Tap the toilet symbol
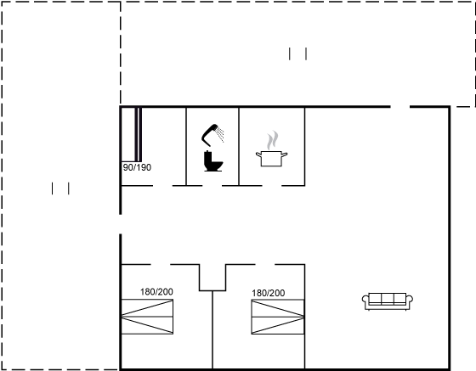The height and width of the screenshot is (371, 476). (x=213, y=161)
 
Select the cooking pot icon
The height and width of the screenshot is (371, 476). (x=271, y=159)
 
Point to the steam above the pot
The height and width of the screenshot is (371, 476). (x=273, y=140)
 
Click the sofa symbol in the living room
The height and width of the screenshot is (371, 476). (x=388, y=301)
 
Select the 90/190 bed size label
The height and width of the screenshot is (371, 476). (x=137, y=167)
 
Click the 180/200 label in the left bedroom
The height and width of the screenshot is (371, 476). (x=156, y=292)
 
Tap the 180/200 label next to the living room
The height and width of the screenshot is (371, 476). (x=269, y=293)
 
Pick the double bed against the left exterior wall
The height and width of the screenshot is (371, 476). (x=147, y=317)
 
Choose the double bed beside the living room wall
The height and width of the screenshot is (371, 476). (x=278, y=317)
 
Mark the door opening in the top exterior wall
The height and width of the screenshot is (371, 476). (x=400, y=107)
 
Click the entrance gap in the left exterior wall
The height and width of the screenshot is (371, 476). (x=121, y=224)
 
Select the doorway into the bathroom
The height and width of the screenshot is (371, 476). (x=212, y=185)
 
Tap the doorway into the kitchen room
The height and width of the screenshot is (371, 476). (x=272, y=185)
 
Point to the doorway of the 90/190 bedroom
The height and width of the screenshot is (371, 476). (x=162, y=185)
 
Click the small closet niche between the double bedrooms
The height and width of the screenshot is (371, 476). (x=212, y=278)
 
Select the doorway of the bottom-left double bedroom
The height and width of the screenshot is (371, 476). (x=161, y=265)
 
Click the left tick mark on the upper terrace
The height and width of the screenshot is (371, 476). (x=290, y=54)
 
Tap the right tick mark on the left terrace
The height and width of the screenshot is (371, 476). (x=69, y=188)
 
